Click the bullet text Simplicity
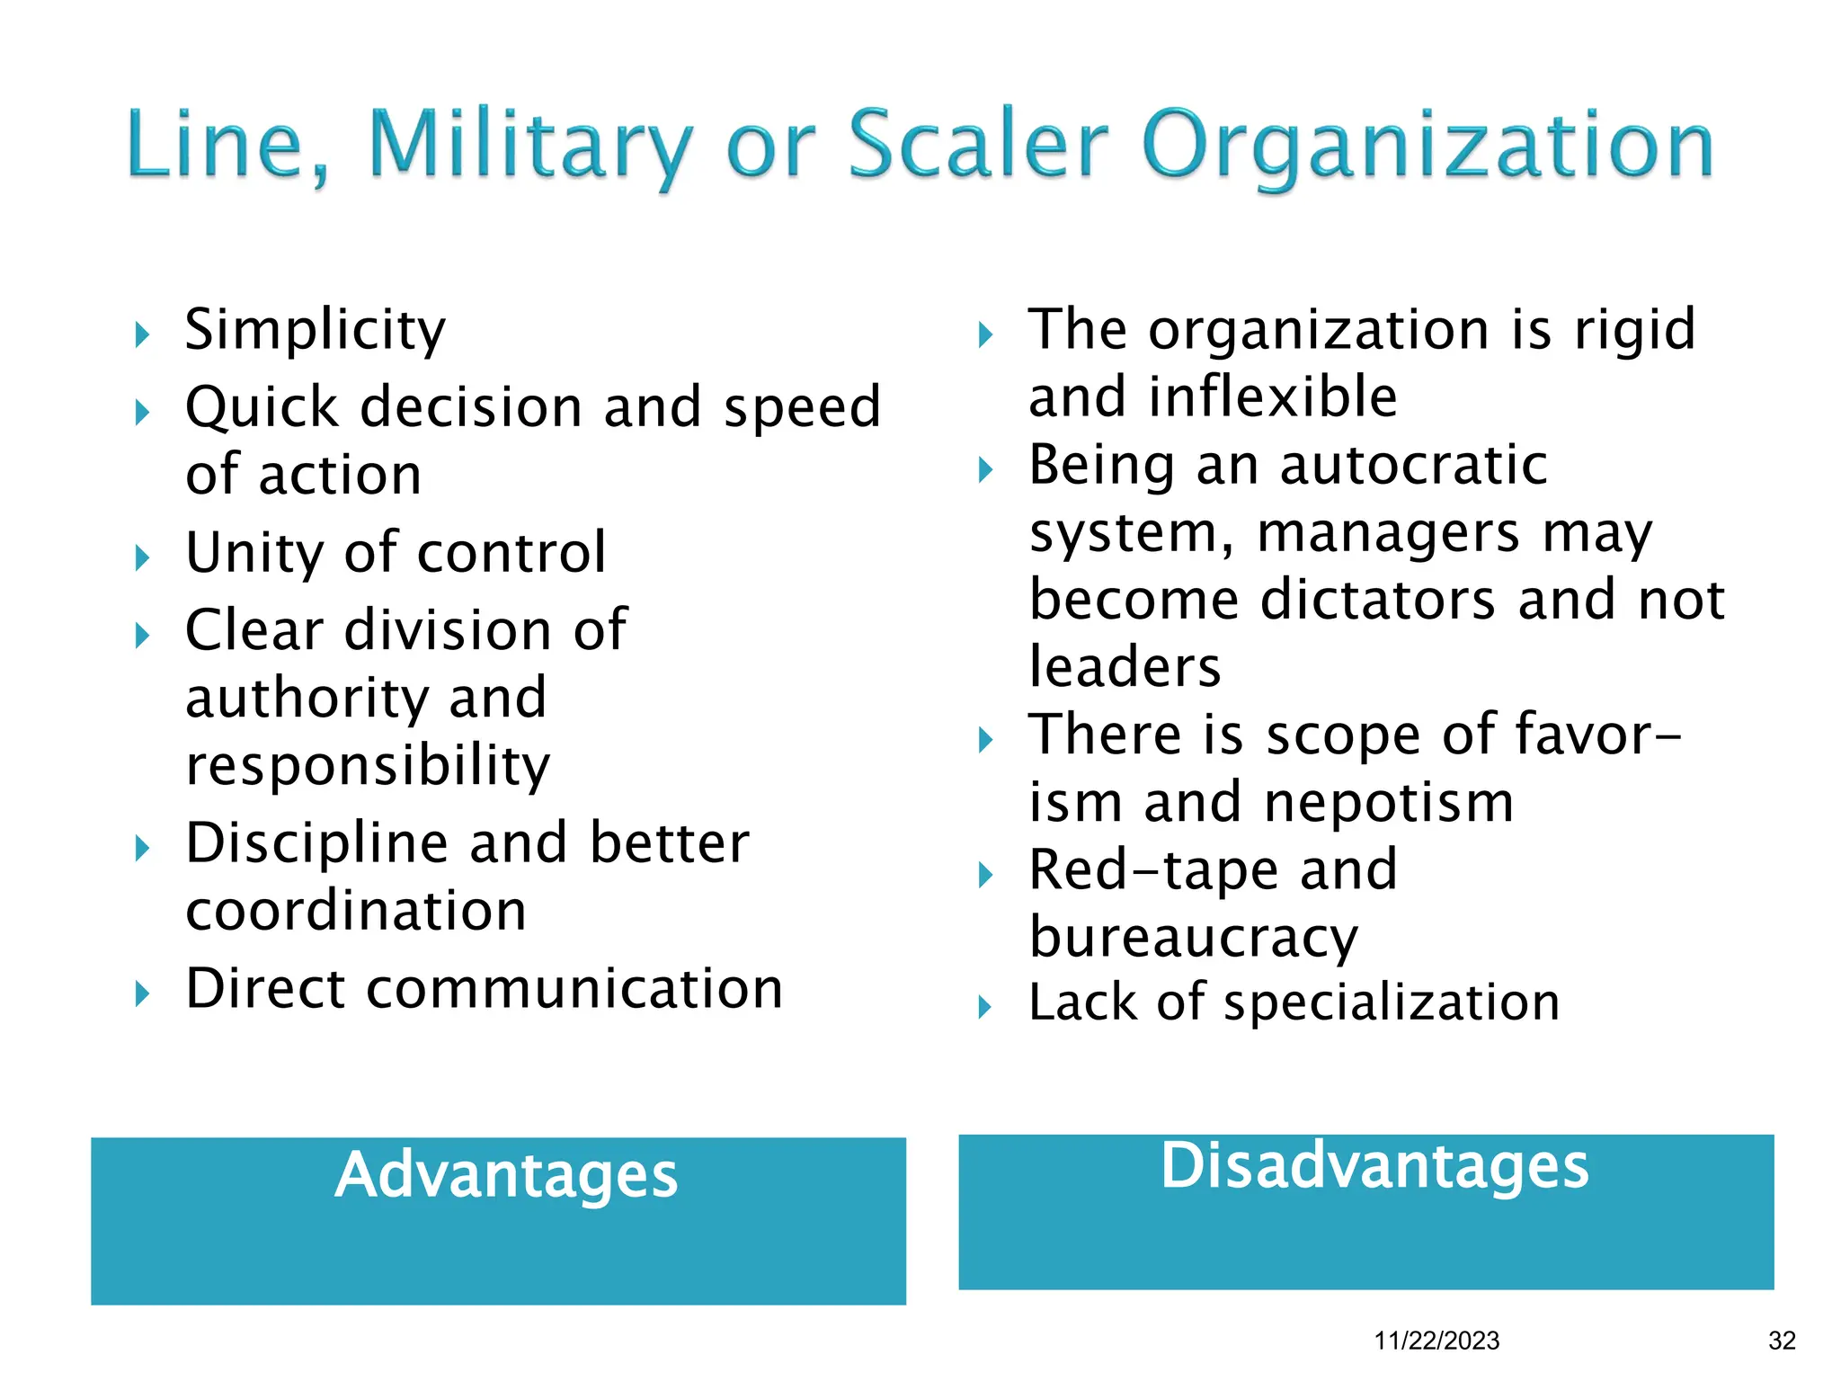pyautogui.click(x=315, y=330)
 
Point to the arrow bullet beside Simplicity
pyautogui.click(x=142, y=336)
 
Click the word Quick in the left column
pyautogui.click(x=262, y=407)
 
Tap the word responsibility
pyautogui.click(x=368, y=766)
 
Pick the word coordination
pyautogui.click(x=356, y=911)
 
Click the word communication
pyautogui.click(x=575, y=989)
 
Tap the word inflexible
pyautogui.click(x=1273, y=397)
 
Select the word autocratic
pyautogui.click(x=1413, y=465)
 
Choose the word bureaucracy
pyautogui.click(x=1194, y=939)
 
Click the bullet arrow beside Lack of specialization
pyautogui.click(x=985, y=1007)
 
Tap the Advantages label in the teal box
pyautogui.click(x=506, y=1175)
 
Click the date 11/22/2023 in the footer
pyautogui.click(x=1436, y=1341)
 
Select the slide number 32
pyautogui.click(x=1782, y=1341)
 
